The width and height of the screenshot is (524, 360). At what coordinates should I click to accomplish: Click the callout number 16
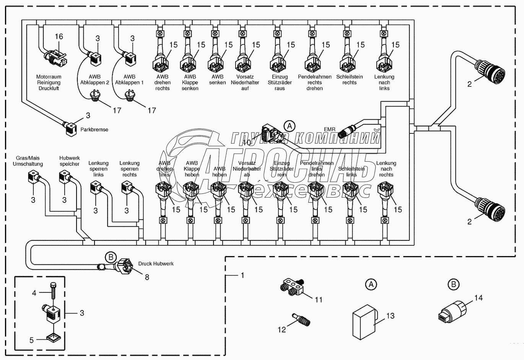coord(59,37)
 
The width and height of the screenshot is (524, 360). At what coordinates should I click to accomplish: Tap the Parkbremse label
coord(94,130)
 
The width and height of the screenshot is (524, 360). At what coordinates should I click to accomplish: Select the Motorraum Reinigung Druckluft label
coord(49,83)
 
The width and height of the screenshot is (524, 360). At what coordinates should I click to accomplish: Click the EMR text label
coord(329,130)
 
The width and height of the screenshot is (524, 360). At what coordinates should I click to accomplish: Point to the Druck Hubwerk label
coord(156,264)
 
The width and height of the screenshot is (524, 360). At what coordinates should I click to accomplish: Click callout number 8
coord(147,277)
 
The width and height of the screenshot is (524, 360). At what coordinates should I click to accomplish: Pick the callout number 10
coord(247,143)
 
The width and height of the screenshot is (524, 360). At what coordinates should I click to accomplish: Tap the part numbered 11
coord(292,287)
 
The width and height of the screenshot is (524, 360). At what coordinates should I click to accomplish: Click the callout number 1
coord(242,275)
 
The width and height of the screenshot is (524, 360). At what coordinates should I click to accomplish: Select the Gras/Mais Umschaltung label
coord(28,161)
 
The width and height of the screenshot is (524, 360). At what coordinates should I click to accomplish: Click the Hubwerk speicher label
coord(69,161)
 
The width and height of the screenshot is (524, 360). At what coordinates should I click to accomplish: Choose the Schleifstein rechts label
coord(350,79)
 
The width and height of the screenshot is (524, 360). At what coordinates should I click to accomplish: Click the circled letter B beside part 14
coord(453,284)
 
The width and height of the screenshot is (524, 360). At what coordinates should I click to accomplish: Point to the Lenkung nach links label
coord(384,83)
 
